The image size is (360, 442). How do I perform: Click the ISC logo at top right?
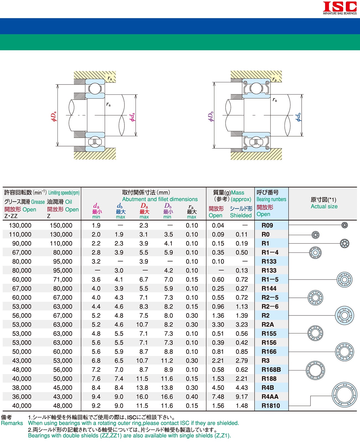coord(340,8)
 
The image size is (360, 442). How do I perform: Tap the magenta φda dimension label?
coord(132,117)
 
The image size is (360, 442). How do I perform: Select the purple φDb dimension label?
coord(211,117)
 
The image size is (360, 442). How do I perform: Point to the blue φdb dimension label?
coord(298,117)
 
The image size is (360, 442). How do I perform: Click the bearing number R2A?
coord(268,325)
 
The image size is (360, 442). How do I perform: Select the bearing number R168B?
coord(271,370)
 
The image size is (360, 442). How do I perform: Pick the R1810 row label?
coord(271,406)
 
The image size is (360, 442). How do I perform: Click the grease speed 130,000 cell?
coord(20,225)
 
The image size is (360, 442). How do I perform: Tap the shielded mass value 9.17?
coord(242,397)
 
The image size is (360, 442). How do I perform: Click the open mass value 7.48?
coord(218,397)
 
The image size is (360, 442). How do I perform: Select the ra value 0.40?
coord(192,397)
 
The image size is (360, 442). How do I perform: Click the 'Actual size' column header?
coord(324,206)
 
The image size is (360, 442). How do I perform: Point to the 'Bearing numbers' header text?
coord(271,199)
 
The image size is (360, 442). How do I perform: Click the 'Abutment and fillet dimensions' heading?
coord(160,199)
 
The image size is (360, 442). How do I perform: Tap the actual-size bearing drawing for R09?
coord(345,225)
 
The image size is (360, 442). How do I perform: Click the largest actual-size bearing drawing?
coord(345,394)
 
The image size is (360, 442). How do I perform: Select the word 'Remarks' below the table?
coord(12,423)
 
